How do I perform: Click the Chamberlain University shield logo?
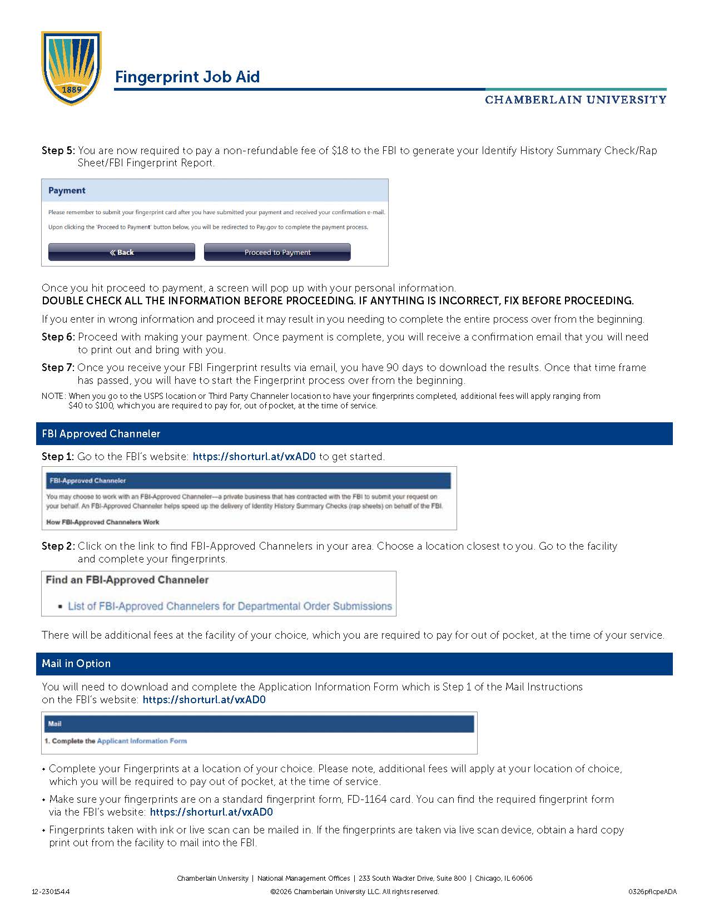(71, 67)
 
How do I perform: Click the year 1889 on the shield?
(72, 89)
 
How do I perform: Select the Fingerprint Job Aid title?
(187, 77)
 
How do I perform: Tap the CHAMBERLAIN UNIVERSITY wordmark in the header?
(576, 100)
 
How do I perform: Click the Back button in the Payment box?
(122, 252)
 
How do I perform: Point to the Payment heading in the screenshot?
(67, 191)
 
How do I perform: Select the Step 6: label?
(58, 337)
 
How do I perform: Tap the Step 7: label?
(58, 368)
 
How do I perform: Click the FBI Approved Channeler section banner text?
(101, 434)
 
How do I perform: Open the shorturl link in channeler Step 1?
(254, 457)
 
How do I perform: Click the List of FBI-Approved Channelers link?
(230, 606)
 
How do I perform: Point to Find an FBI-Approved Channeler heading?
(127, 580)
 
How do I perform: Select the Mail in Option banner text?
(76, 664)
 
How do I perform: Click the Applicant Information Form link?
(142, 741)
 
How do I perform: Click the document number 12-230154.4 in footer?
(51, 892)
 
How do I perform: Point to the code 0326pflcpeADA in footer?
(652, 892)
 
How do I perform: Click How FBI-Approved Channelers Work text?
(103, 522)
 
